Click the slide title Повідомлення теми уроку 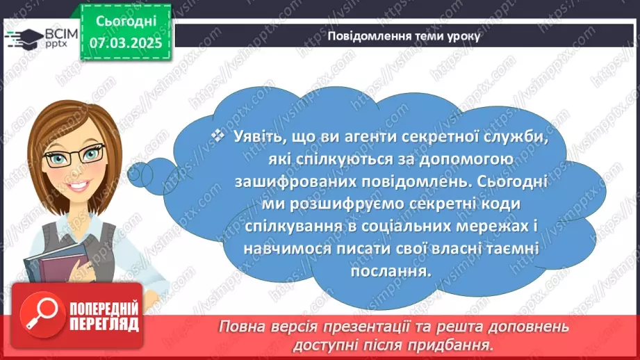click(403, 37)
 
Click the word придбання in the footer click(460, 344)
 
